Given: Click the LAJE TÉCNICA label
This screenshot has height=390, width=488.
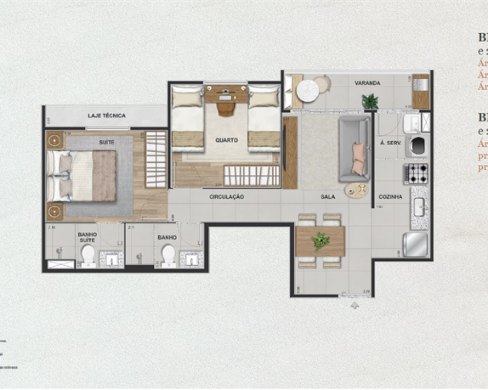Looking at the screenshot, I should point(107,116).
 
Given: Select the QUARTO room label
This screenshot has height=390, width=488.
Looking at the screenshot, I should point(226,140).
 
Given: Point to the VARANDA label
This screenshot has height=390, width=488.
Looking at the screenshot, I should point(367,83).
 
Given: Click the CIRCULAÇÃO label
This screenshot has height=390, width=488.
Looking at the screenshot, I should point(226,197).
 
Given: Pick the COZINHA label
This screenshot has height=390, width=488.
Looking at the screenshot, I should point(391,197).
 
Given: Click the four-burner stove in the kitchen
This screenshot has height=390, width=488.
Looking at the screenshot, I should point(416,174).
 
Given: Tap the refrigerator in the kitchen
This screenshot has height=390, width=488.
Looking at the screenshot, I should point(415,244).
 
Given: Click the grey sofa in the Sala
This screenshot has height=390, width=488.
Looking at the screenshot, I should point(355,148).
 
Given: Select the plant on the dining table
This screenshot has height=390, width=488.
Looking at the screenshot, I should point(320,241).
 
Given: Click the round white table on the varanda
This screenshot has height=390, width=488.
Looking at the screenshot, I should point(308,90).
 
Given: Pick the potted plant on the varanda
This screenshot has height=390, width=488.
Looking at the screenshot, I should point(370,101).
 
